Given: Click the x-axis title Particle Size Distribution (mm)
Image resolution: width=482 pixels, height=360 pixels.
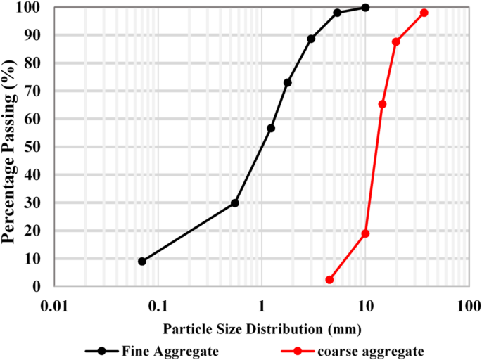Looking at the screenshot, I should point(262,328).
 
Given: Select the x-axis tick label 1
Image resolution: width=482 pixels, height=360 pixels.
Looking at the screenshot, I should point(262,307).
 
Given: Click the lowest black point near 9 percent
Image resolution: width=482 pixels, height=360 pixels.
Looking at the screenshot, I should point(142,262).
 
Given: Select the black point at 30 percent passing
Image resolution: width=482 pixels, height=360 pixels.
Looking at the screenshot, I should point(235,203).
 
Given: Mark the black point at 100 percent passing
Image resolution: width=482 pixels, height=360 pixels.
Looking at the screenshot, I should point(365,7).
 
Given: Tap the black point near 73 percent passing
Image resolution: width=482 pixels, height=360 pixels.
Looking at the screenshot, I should point(288,83).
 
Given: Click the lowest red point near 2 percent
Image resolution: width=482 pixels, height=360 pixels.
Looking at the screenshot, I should point(329,280).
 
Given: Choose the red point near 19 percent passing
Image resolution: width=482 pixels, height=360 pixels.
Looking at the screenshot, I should point(365,233).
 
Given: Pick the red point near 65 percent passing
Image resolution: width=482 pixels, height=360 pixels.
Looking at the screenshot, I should point(382,104).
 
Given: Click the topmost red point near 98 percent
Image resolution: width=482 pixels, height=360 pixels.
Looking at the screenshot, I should point(424,13).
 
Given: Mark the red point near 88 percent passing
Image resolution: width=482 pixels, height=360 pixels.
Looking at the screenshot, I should point(396,42).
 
